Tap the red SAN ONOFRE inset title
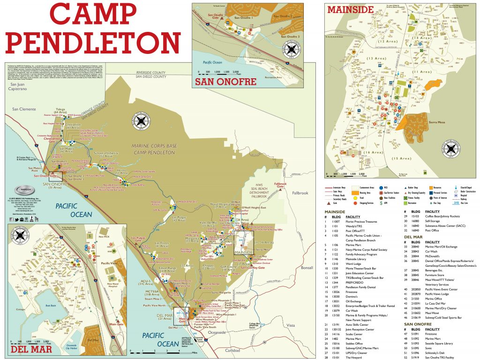225,82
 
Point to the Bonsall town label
307,267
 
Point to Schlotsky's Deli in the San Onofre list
439,352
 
